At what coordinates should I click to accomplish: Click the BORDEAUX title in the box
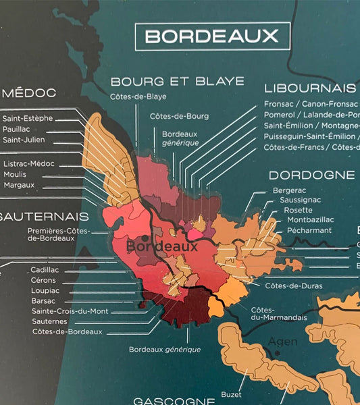point(212,36)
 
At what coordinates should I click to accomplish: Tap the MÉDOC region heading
point(28,93)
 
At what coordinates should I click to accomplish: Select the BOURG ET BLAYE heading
point(177,82)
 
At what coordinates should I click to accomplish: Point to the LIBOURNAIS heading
point(310,88)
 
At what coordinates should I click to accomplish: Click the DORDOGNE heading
point(312,175)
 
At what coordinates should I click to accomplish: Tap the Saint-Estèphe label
point(28,118)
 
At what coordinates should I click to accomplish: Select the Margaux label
point(19,184)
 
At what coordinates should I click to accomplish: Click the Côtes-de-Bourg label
point(180,116)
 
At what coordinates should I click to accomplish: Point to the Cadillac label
point(45,270)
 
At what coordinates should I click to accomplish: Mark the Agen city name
point(282,342)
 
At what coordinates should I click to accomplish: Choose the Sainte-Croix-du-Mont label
point(70,311)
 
